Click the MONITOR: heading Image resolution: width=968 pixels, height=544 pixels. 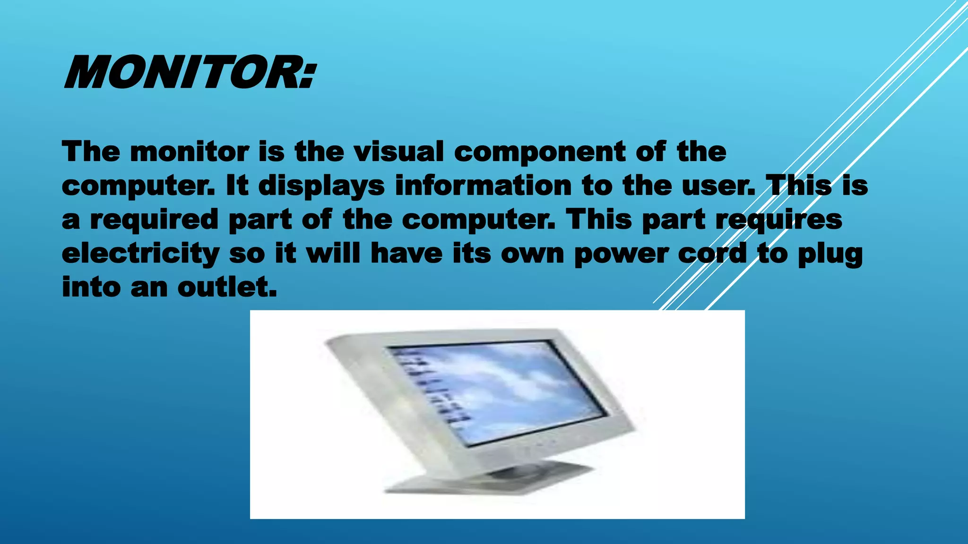[x=189, y=72]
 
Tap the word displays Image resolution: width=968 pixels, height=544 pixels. [x=321, y=186]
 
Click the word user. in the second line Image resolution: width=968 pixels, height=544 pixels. [x=718, y=186]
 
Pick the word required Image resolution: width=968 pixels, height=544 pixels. [x=154, y=220]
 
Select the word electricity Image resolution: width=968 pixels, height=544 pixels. [x=140, y=254]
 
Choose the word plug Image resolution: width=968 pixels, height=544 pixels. [x=830, y=254]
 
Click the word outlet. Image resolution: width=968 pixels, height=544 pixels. [x=227, y=287]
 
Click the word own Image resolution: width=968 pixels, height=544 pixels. [x=532, y=254]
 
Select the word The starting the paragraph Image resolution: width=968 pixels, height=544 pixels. [x=91, y=152]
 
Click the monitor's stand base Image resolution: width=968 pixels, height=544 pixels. [x=487, y=482]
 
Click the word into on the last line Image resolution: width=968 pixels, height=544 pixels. [x=91, y=287]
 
